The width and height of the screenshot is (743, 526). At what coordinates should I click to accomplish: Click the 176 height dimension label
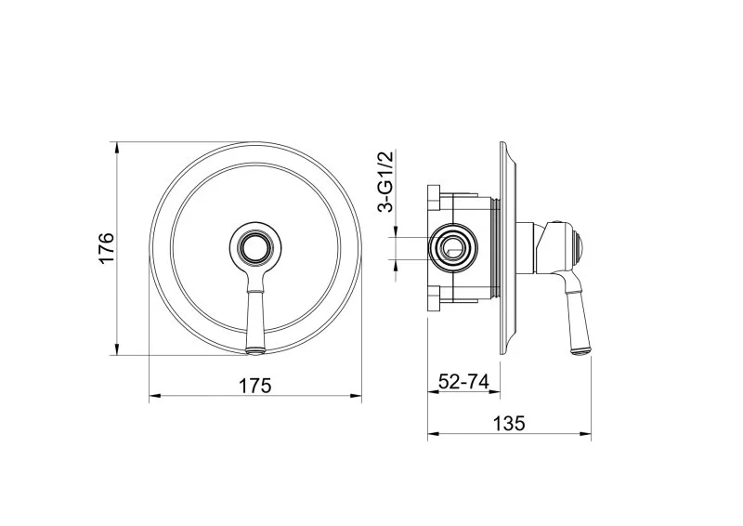pyautogui.click(x=107, y=248)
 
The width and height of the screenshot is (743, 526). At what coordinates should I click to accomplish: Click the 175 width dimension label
pyautogui.click(x=254, y=386)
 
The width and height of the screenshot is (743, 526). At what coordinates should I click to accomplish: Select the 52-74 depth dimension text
pyautogui.click(x=463, y=381)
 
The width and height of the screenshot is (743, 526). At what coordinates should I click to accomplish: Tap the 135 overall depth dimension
pyautogui.click(x=509, y=423)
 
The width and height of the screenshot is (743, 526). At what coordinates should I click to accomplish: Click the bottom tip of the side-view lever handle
pyautogui.click(x=581, y=351)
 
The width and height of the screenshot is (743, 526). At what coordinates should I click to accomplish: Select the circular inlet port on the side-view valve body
pyautogui.click(x=453, y=248)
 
